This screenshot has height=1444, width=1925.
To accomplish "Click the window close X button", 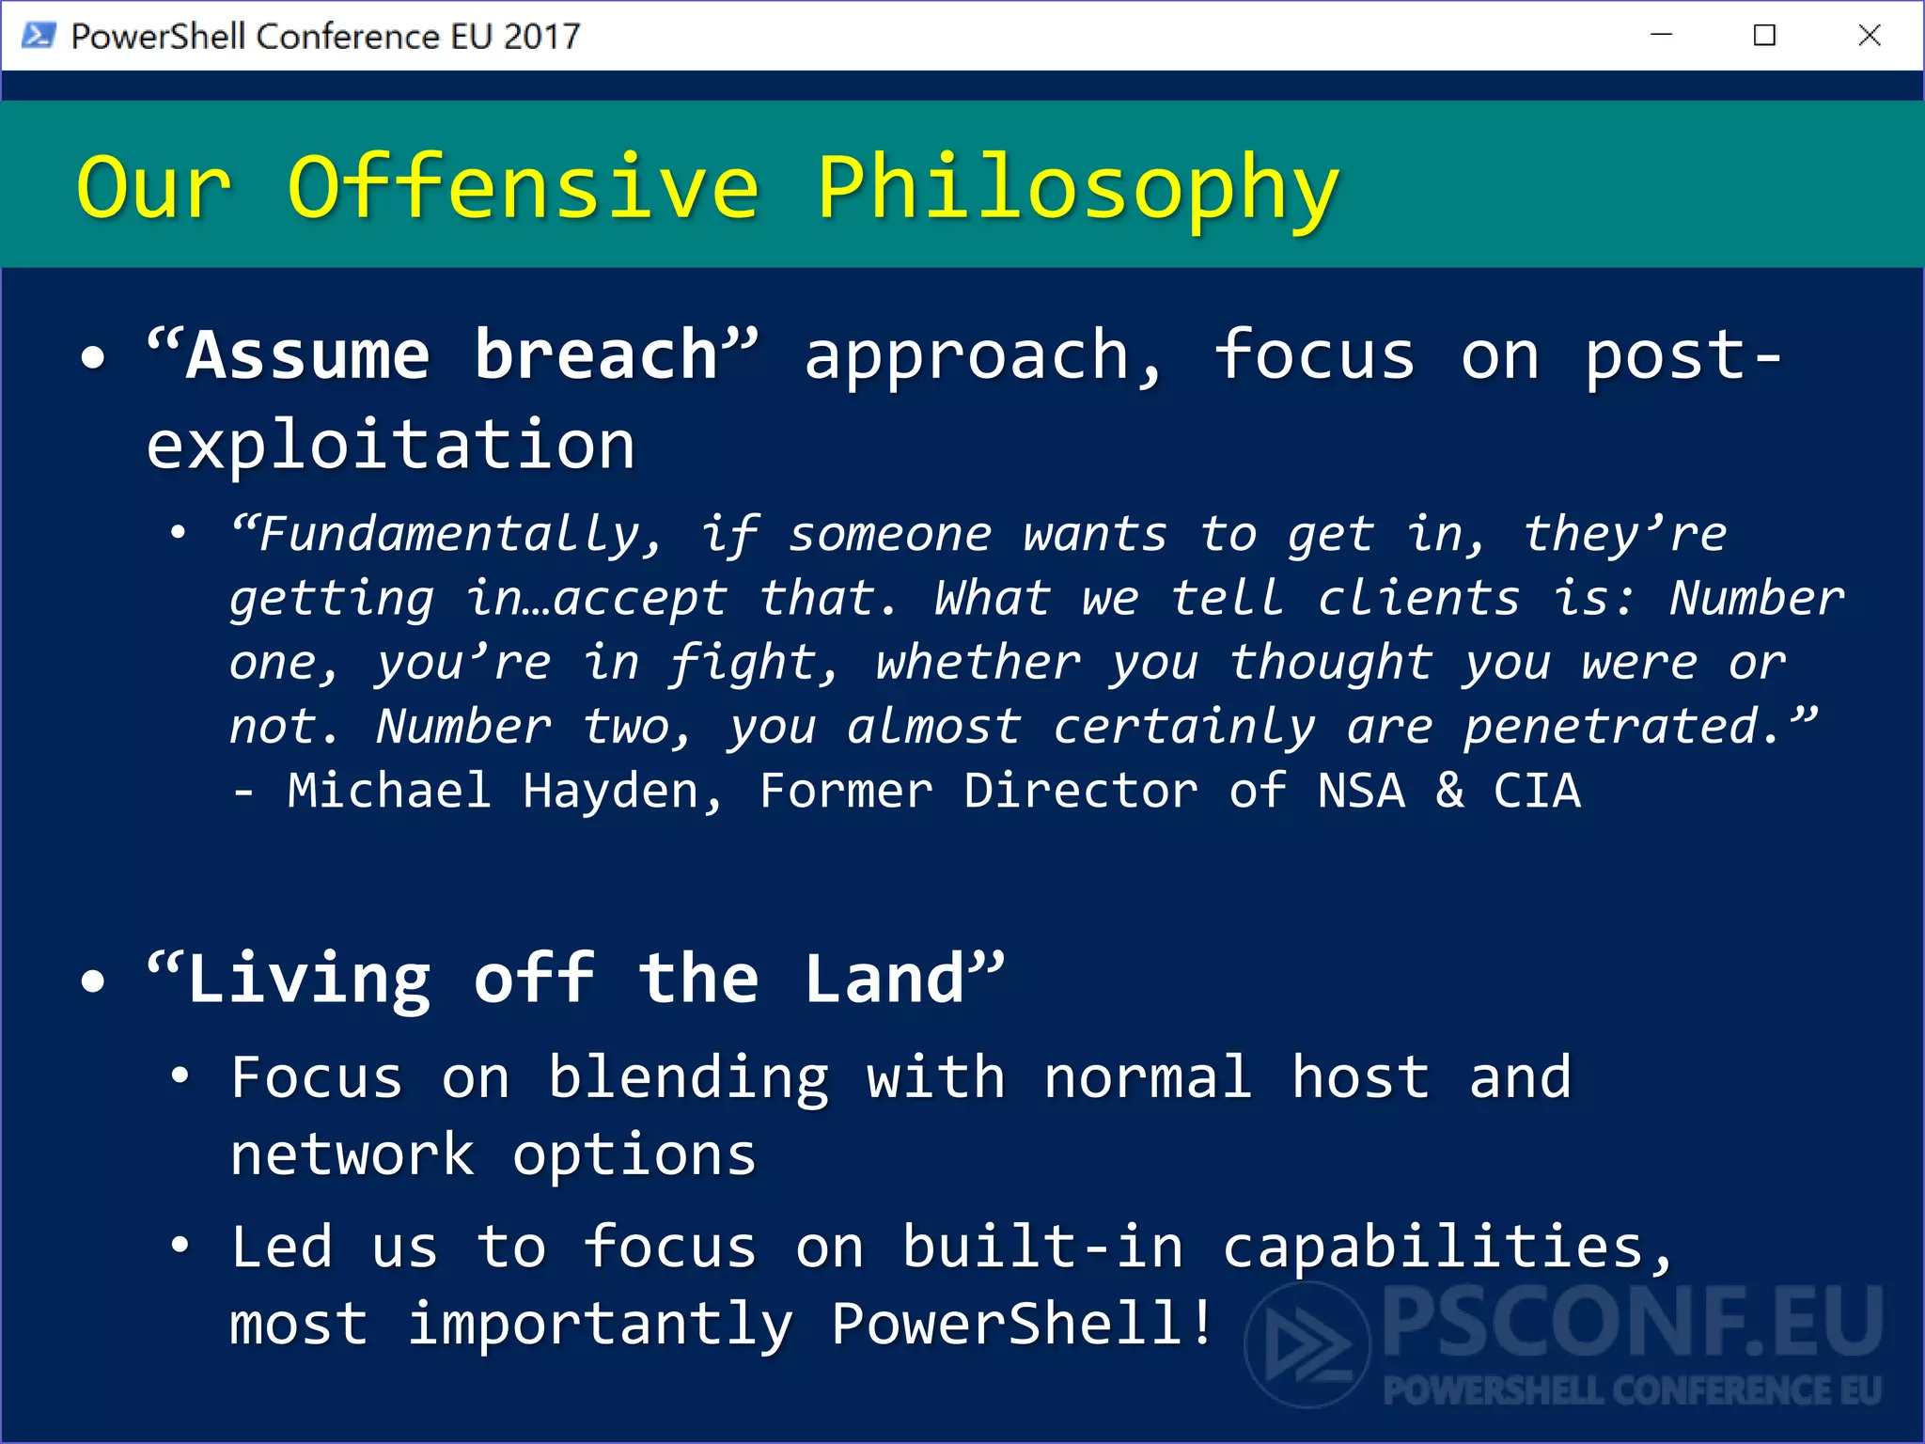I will (x=1869, y=36).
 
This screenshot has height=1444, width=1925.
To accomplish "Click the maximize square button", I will (x=1764, y=36).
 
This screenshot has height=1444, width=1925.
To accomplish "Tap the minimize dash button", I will (x=1661, y=36).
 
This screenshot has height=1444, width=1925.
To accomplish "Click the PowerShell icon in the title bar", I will (x=39, y=36).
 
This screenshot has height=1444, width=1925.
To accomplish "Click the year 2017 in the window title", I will (x=541, y=37).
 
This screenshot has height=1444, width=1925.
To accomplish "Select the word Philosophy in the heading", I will (x=1077, y=188).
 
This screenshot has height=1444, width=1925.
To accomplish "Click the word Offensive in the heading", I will (x=523, y=188).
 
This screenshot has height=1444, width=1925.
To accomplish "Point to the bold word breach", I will (x=596, y=355).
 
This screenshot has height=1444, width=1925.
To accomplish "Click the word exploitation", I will (x=391, y=445).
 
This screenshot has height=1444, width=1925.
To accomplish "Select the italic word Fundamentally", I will (x=449, y=535).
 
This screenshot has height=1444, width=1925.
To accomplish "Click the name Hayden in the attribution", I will (x=621, y=791).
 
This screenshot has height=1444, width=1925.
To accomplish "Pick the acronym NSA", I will (x=1361, y=791).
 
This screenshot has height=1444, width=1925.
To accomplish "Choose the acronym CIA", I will (x=1537, y=791).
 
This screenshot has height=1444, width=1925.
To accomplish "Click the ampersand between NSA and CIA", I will (x=1449, y=791).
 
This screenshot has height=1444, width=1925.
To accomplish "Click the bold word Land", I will (x=884, y=979).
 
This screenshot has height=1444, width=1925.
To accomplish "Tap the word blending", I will (x=688, y=1078).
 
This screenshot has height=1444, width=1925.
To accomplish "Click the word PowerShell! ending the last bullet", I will (x=1023, y=1324).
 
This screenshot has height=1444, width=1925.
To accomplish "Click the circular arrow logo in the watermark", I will (x=1307, y=1344).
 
